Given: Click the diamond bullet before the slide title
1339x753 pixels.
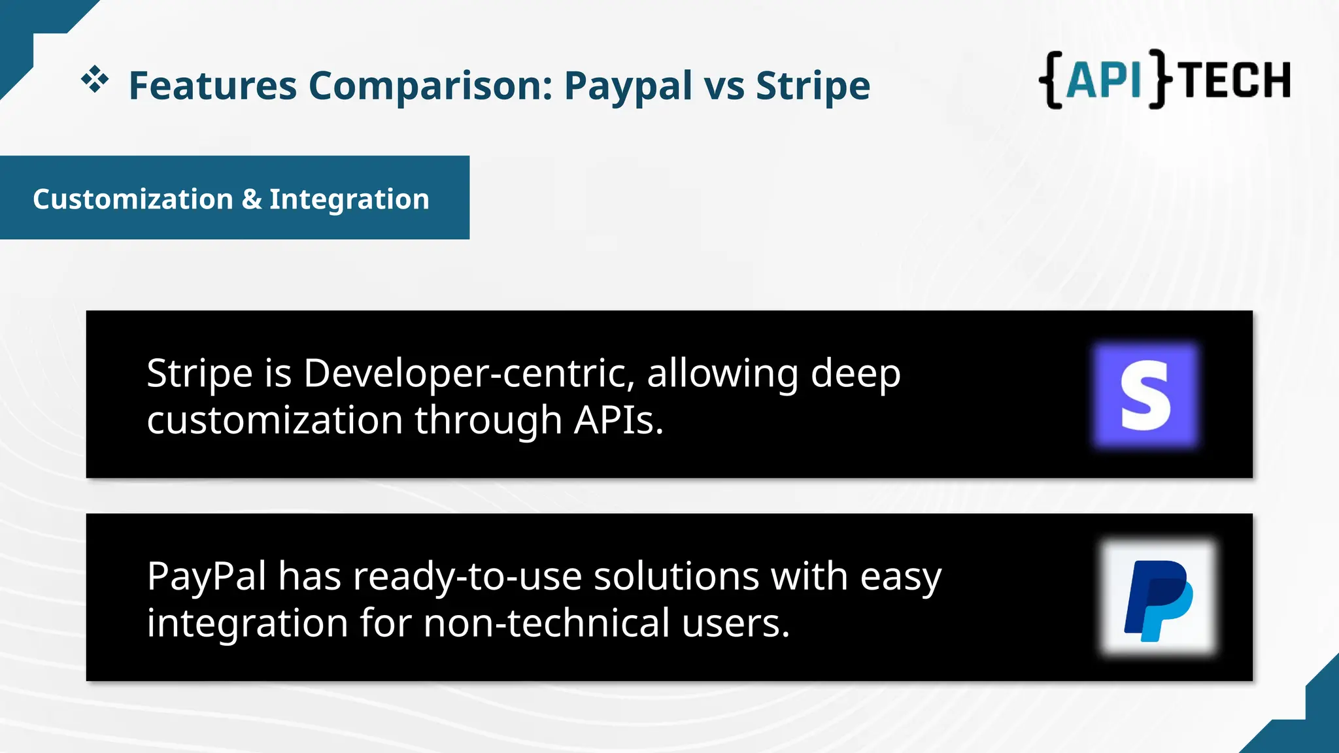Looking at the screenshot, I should point(95,79).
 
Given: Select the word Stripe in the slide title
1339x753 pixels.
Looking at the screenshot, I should point(813,87).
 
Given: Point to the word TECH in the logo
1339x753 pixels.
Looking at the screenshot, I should point(1236,80).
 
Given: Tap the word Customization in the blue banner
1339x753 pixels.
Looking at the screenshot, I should point(133,199).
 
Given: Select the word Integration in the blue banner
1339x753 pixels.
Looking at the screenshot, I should point(349,199).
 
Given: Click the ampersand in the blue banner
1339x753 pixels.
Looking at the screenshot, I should point(251,199).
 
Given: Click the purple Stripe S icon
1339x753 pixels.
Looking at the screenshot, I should point(1145,395).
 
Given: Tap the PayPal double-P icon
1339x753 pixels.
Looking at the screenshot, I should point(1158,598).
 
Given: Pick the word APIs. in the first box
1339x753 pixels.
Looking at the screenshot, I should point(619,420).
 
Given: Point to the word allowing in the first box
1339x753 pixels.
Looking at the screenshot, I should point(722,374).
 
